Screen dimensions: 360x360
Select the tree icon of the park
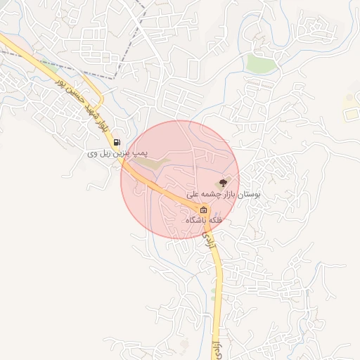[x=224, y=182]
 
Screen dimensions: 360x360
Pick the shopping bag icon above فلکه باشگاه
[x=203, y=210]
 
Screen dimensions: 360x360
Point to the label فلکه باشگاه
[x=204, y=220]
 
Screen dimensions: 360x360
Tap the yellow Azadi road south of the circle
[x=219, y=281]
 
